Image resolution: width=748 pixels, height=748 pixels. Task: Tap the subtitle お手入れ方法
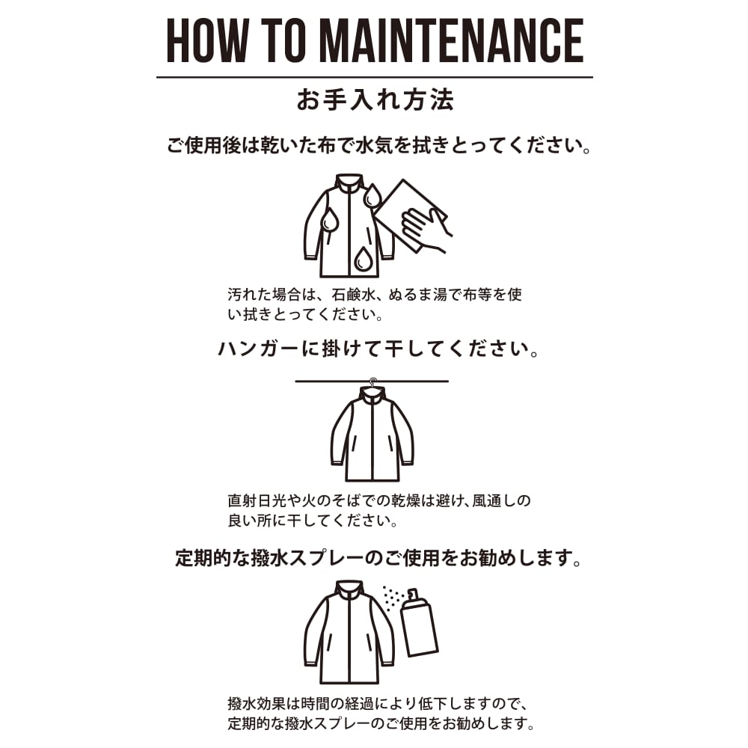(x=375, y=100)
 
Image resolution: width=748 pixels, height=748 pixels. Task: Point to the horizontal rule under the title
(x=375, y=77)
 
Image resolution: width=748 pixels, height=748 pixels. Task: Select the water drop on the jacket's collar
(x=373, y=195)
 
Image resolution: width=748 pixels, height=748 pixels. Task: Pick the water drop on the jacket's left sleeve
(x=330, y=221)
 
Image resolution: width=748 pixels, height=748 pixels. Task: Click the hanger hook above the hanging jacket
(x=373, y=381)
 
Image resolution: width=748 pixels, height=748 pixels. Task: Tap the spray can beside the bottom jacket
(x=418, y=624)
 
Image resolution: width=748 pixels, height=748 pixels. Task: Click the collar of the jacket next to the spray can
(x=349, y=589)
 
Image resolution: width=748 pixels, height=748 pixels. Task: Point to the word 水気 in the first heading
(x=375, y=145)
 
